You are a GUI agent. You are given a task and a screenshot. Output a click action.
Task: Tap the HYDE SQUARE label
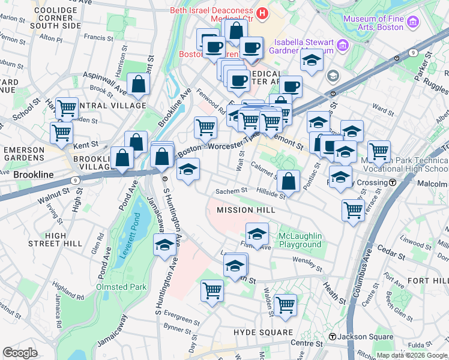263,332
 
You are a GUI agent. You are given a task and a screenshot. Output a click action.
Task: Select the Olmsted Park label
121,287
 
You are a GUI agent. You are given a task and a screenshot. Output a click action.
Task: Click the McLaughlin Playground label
300,240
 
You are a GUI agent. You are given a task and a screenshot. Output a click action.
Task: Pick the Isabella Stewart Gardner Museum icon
342,45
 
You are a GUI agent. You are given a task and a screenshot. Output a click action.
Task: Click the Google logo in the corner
20,353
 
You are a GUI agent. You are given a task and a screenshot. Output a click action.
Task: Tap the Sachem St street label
232,191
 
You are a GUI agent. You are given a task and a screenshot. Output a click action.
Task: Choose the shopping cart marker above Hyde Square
285,304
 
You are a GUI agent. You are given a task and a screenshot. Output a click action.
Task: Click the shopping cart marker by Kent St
62,133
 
